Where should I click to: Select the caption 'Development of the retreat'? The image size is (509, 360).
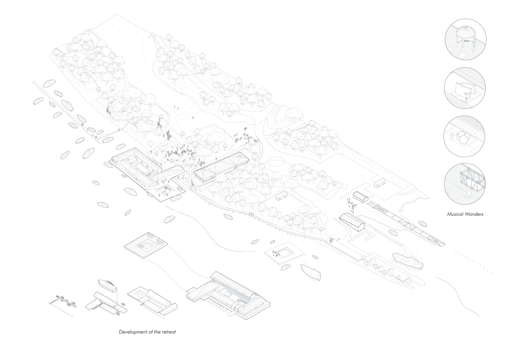[x=147, y=331]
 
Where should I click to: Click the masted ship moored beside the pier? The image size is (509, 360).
[x=407, y=259]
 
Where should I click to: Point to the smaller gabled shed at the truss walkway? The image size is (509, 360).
[x=361, y=197]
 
